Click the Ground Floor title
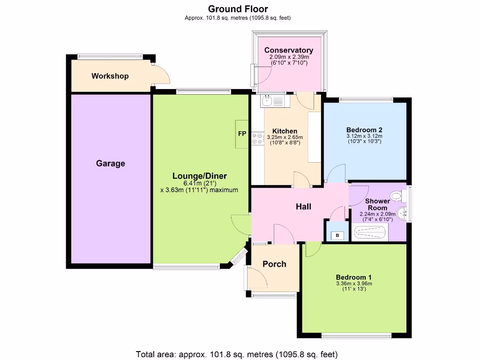click(238, 8)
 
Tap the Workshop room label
click(110, 76)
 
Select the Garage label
click(111, 164)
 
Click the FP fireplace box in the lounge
click(242, 134)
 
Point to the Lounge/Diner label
click(199, 176)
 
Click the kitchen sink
click(268, 100)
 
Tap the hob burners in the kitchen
click(257, 138)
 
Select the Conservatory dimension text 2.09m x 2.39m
click(288, 57)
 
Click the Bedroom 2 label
click(364, 130)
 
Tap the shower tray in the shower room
click(369, 232)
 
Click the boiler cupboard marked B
click(337, 235)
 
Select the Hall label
click(303, 206)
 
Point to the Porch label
click(274, 264)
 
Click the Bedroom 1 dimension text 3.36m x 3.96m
click(354, 283)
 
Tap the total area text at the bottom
click(237, 354)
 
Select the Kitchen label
click(285, 131)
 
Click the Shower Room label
click(377, 204)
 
